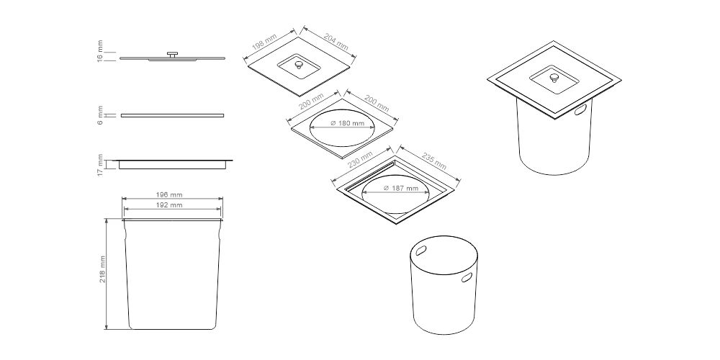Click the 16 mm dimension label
click(101, 51)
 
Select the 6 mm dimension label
click(101, 115)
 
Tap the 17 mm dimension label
click(101, 166)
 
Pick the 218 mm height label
click(102, 269)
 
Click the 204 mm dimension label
click(336, 41)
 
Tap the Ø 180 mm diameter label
click(348, 123)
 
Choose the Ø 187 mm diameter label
click(401, 188)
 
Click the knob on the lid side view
click(173, 55)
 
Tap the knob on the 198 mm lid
click(300, 65)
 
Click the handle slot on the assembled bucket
click(580, 109)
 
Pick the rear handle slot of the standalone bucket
click(421, 251)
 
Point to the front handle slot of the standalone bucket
click(467, 277)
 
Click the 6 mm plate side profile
click(172, 115)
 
